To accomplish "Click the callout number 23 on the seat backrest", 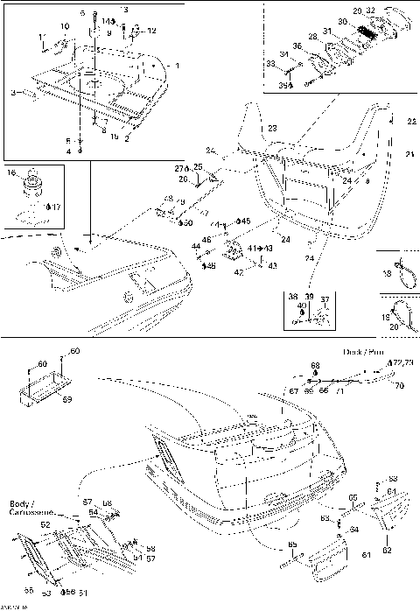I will click(272, 129).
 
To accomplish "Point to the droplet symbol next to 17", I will click(48, 207).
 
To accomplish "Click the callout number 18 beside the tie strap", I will click(387, 273).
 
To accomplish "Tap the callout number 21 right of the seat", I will click(410, 154).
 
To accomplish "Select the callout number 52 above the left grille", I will click(46, 525).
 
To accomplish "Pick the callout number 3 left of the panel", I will click(13, 92).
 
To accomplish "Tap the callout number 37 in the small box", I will click(325, 298).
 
